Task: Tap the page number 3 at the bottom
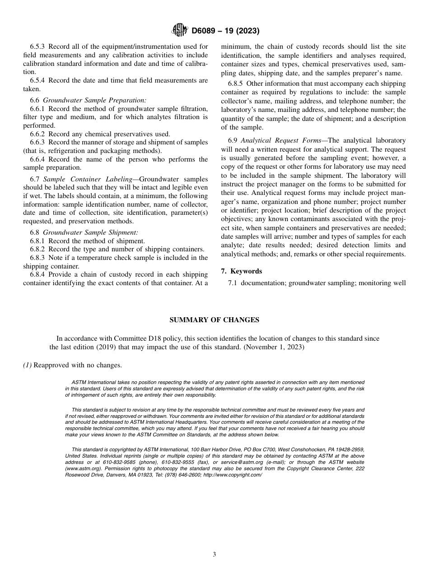(x=214, y=555)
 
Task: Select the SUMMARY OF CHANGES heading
(x=214, y=319)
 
